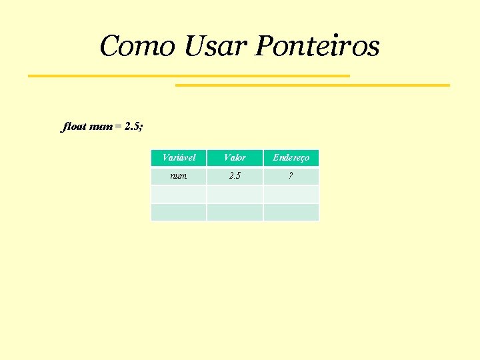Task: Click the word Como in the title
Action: click(137, 47)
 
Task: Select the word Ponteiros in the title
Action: click(317, 47)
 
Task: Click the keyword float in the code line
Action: click(74, 126)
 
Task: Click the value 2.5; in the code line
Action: click(133, 126)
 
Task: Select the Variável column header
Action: click(179, 158)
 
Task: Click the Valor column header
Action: click(235, 158)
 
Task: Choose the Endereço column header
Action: click(291, 158)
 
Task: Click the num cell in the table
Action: click(179, 176)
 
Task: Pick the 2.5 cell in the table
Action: click(235, 176)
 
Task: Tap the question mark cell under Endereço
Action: click(291, 176)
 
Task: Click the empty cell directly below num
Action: click(179, 194)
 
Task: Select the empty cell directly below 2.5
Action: click(235, 194)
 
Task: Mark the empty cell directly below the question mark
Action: click(291, 194)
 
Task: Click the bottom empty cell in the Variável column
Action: click(179, 212)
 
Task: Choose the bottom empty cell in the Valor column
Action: click(235, 212)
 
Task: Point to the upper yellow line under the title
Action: click(189, 76)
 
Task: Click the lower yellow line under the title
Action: click(312, 85)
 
